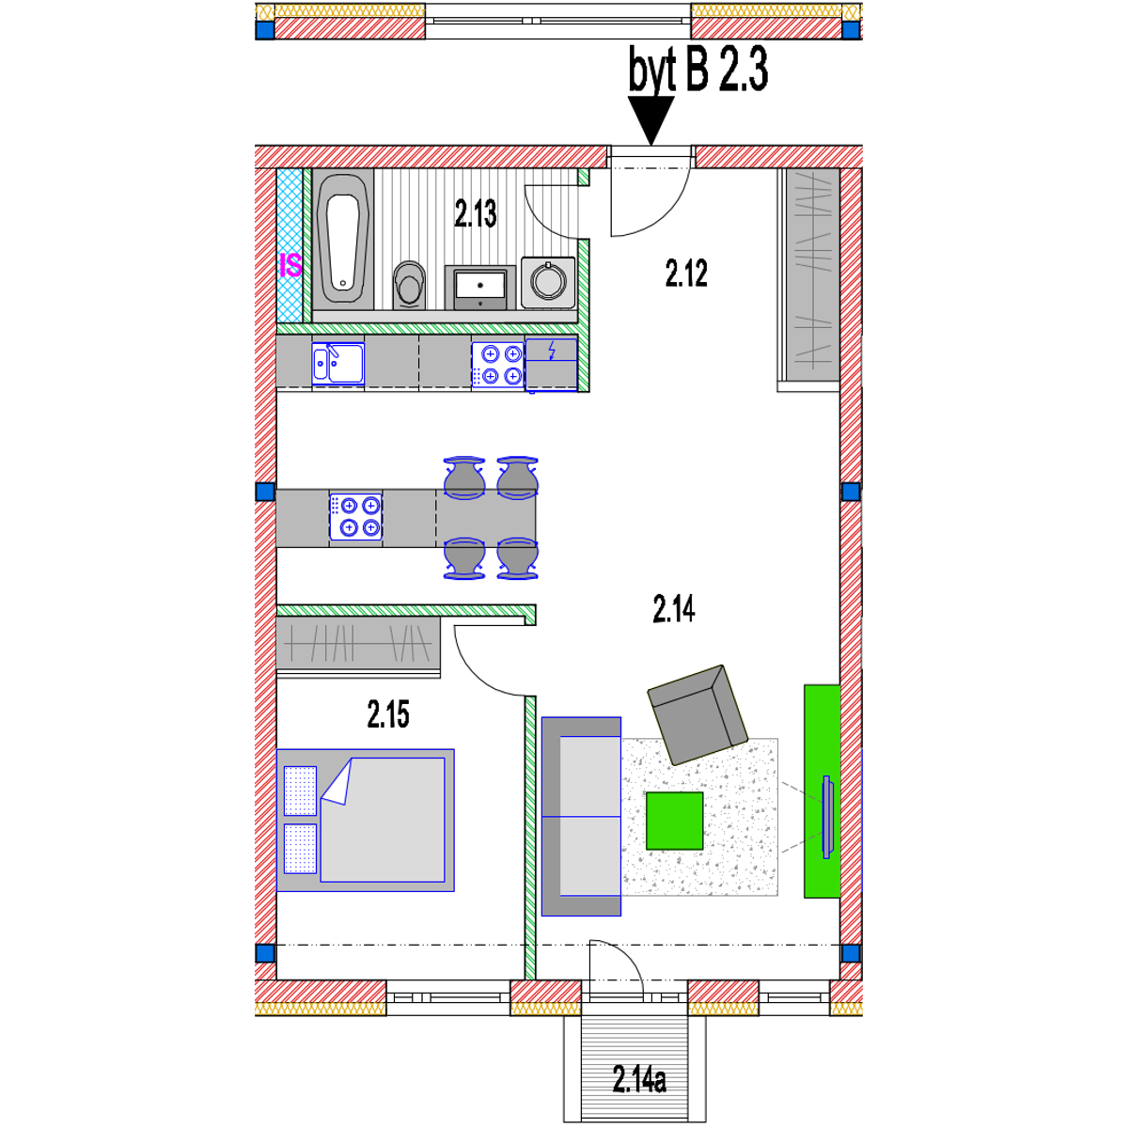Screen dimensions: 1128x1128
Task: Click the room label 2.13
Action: click(475, 214)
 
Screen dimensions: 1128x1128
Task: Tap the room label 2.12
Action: click(686, 274)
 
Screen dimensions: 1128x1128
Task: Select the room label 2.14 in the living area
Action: click(673, 610)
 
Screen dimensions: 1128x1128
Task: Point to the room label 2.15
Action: click(388, 715)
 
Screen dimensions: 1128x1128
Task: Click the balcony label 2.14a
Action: click(639, 1079)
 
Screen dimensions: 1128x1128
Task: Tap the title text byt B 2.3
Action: click(698, 70)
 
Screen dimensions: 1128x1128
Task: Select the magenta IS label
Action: click(290, 266)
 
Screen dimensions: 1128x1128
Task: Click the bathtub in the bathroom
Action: click(342, 239)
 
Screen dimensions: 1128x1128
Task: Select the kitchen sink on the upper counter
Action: click(337, 363)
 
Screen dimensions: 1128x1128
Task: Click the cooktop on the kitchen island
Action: click(356, 516)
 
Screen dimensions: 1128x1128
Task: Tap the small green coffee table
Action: click(674, 821)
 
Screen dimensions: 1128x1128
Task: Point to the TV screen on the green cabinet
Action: click(827, 816)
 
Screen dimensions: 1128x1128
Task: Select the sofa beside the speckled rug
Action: click(580, 816)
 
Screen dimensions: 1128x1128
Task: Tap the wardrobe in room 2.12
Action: click(807, 278)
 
